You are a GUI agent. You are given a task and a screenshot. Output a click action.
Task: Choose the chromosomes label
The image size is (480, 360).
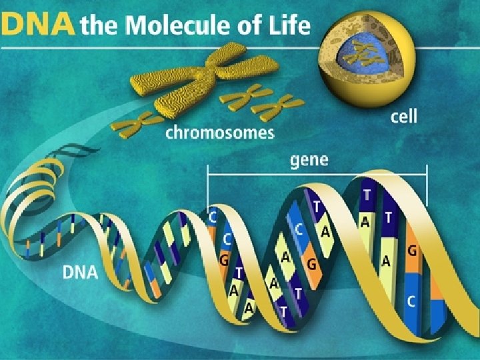click(x=219, y=133)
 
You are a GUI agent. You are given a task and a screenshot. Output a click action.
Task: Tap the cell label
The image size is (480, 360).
click(x=403, y=117)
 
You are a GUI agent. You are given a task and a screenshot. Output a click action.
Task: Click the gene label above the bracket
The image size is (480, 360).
click(x=309, y=161)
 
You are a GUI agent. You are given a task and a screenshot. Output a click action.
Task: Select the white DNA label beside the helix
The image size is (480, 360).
click(x=80, y=272)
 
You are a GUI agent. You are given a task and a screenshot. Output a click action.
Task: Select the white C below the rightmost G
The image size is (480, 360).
click(x=411, y=301)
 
